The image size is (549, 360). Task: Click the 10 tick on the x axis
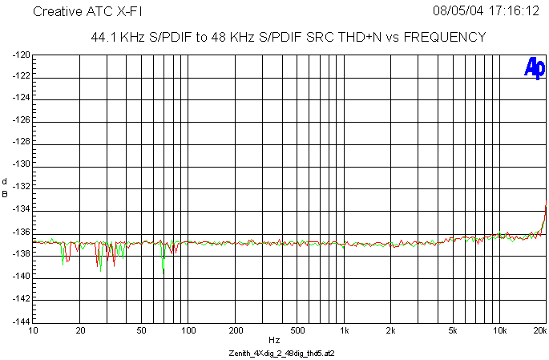pyautogui.click(x=33, y=330)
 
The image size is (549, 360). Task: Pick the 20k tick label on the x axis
pyautogui.click(x=539, y=330)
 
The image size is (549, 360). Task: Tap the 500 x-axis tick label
pyautogui.click(x=297, y=330)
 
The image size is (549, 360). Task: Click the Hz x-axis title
pyautogui.click(x=274, y=340)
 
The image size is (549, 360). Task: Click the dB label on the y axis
pyautogui.click(x=5, y=188)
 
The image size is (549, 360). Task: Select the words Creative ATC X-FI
pyautogui.click(x=87, y=12)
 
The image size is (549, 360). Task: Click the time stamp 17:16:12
pyautogui.click(x=512, y=12)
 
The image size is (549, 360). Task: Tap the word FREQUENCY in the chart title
pyautogui.click(x=443, y=37)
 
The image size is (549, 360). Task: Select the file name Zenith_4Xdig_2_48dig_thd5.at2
pyautogui.click(x=275, y=353)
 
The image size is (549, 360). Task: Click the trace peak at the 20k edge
pyautogui.click(x=545, y=207)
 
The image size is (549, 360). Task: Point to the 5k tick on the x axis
pyautogui.click(x=453, y=330)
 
